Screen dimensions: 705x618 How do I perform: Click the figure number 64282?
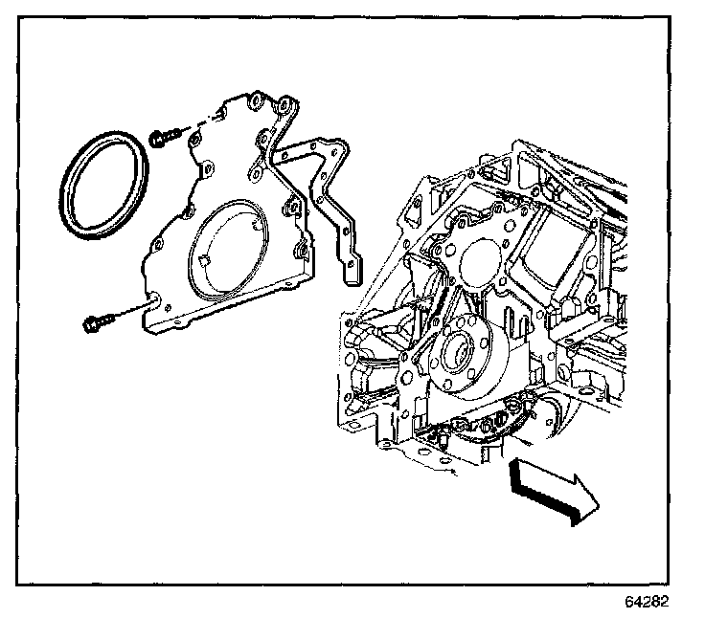click(647, 603)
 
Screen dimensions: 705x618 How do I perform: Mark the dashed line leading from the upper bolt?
click(192, 127)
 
